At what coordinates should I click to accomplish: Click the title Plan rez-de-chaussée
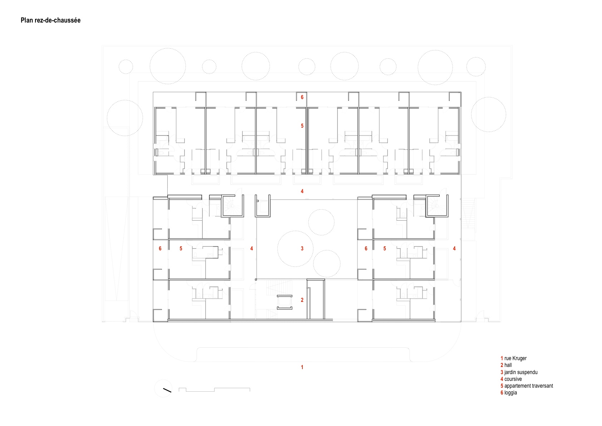click(x=50, y=20)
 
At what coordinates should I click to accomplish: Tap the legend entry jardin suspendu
click(x=519, y=372)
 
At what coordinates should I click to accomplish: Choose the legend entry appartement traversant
click(x=527, y=386)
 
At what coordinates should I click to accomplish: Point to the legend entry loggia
click(x=508, y=393)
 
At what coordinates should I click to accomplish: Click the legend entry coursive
click(x=511, y=379)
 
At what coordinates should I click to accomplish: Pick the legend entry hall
click(x=506, y=365)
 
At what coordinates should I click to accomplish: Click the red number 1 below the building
click(x=302, y=367)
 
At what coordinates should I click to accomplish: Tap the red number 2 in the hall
click(x=302, y=300)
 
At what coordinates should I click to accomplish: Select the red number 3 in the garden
click(x=302, y=249)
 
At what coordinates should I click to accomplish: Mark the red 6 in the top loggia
click(x=302, y=97)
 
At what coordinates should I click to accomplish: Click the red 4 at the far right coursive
click(x=454, y=249)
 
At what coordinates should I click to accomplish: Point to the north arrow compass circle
click(x=163, y=388)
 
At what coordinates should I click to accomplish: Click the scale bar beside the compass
click(x=214, y=390)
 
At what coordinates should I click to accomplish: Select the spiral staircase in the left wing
click(x=232, y=206)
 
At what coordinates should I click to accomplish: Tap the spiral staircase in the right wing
click(x=437, y=206)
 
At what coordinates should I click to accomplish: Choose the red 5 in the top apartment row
click(x=302, y=126)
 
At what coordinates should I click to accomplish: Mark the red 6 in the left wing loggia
click(x=160, y=249)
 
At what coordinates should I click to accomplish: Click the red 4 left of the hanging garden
click(x=252, y=249)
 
